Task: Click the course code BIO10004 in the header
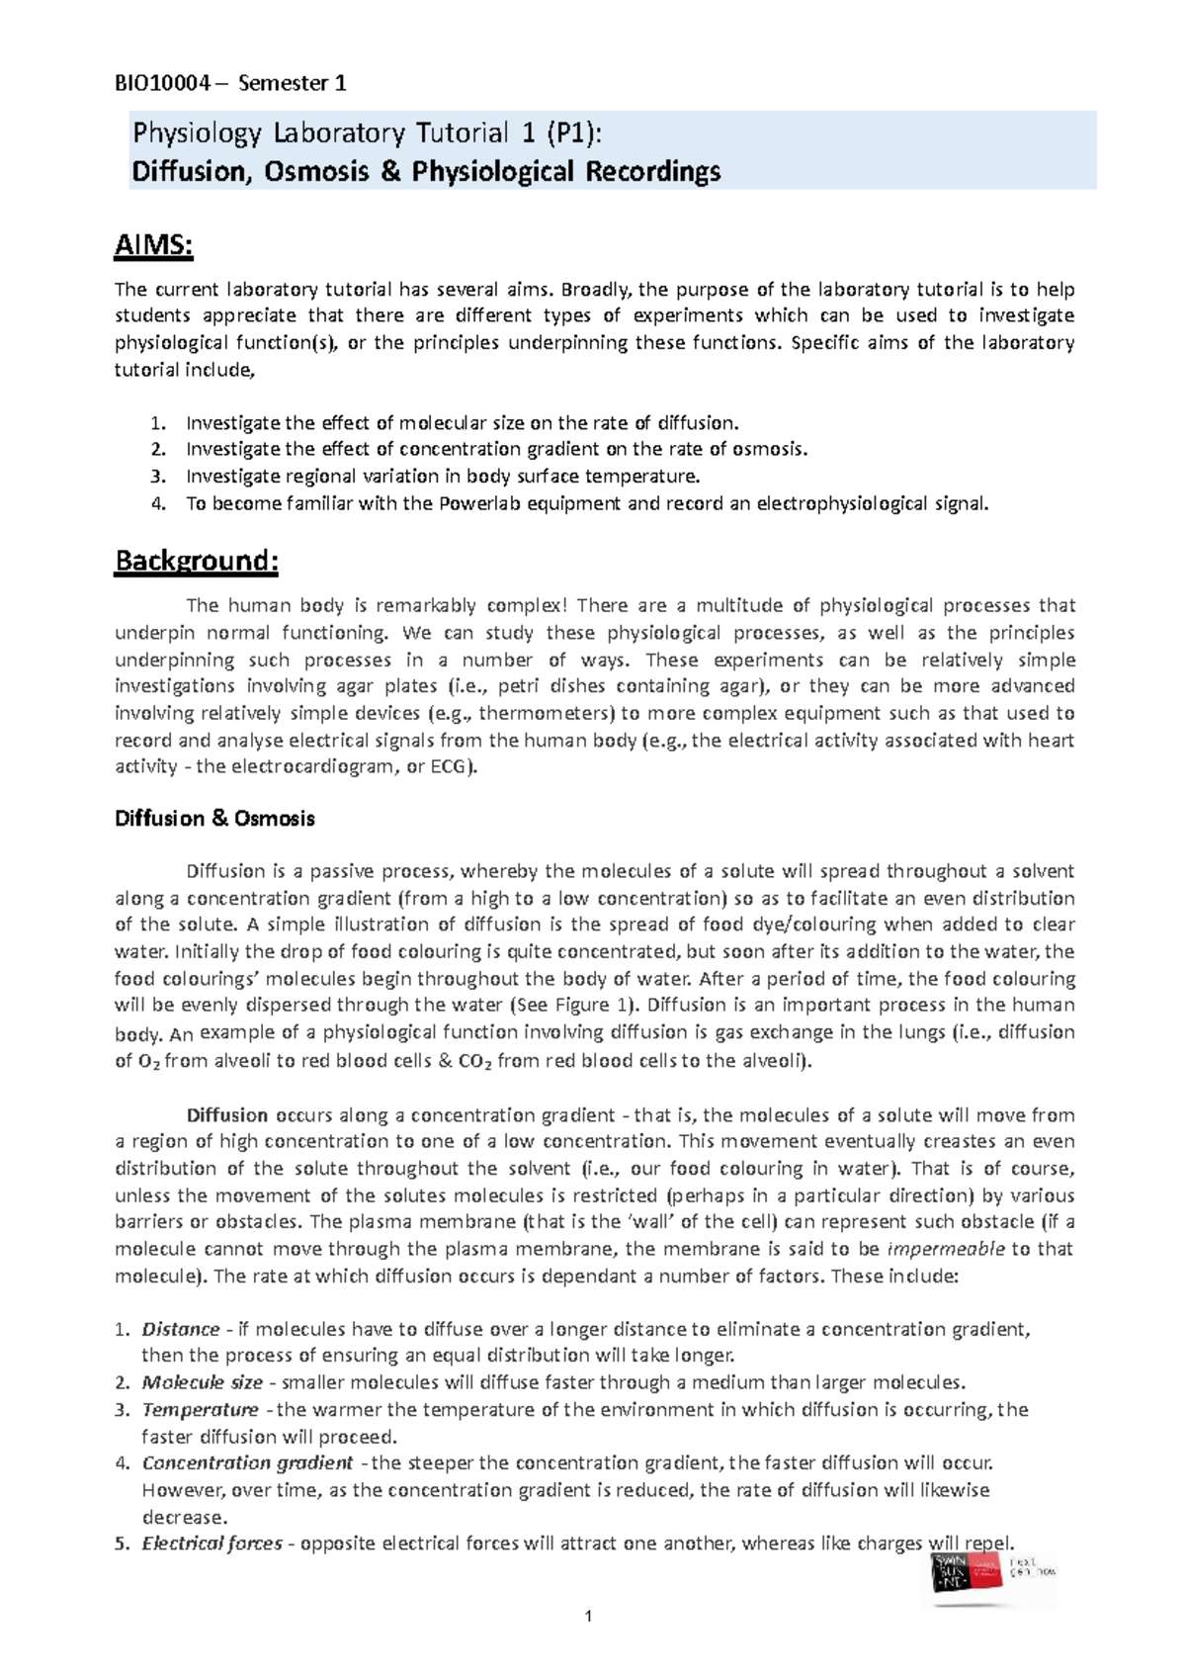(x=162, y=83)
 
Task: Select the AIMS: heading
(x=154, y=244)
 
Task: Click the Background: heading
(x=197, y=561)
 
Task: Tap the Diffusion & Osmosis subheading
(x=214, y=819)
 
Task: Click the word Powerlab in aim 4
(x=458, y=503)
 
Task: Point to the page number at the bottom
(x=589, y=1617)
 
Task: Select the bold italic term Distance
(x=181, y=1329)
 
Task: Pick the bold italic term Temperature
(x=200, y=1409)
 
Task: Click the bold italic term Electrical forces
(x=212, y=1544)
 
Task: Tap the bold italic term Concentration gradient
(x=247, y=1462)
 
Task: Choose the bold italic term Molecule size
(x=202, y=1382)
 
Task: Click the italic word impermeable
(x=946, y=1249)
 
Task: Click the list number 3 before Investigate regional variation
(x=156, y=477)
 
